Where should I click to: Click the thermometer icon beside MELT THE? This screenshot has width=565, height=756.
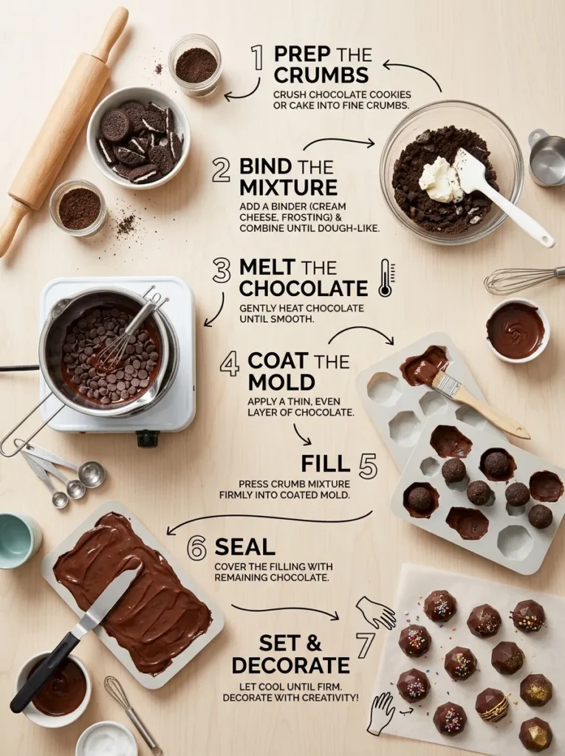tap(385, 277)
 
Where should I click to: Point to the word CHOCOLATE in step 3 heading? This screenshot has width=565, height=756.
tap(303, 288)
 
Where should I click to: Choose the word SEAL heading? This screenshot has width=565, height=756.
tap(244, 547)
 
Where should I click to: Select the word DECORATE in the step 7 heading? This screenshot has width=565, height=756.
tap(290, 664)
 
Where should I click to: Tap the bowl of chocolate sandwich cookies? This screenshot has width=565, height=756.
tap(138, 138)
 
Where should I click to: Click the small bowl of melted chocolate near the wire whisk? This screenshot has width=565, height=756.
tap(516, 330)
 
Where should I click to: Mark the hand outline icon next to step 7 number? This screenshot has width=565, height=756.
tap(374, 612)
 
